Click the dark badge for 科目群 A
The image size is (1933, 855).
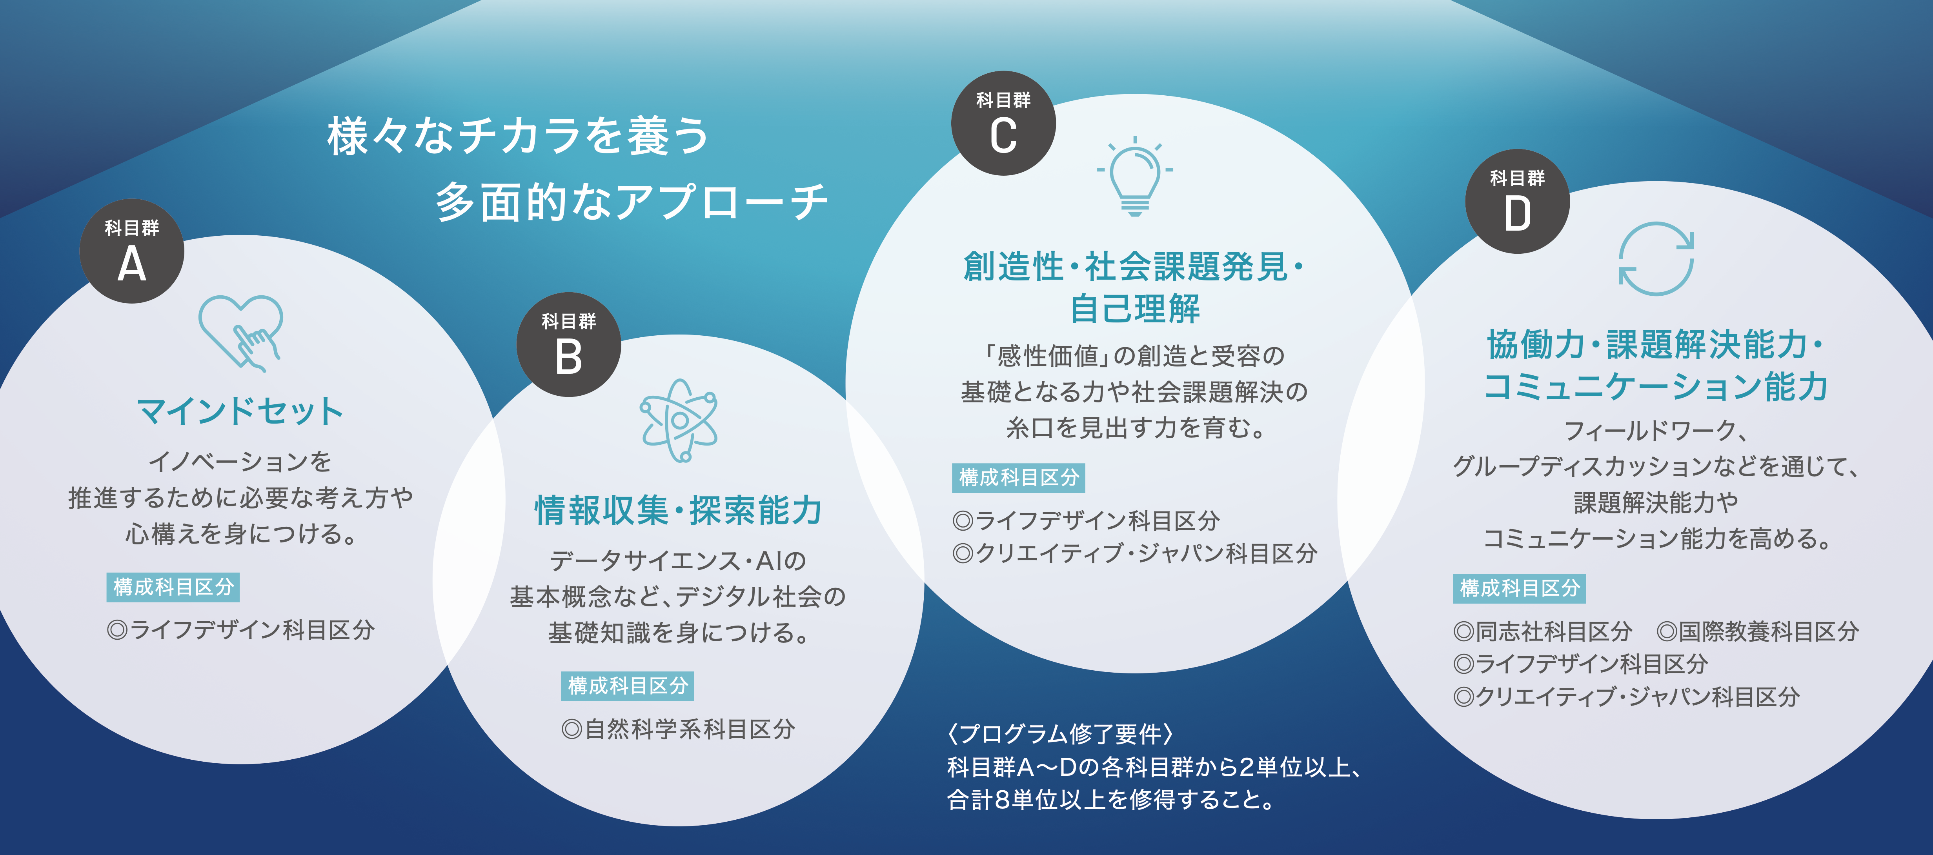tap(132, 251)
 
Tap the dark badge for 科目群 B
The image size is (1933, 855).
tap(569, 344)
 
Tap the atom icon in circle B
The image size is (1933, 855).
tap(678, 420)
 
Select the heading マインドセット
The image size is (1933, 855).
tap(240, 411)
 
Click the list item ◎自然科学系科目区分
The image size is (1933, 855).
tap(678, 729)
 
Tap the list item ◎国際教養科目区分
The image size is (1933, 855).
tap(1758, 631)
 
